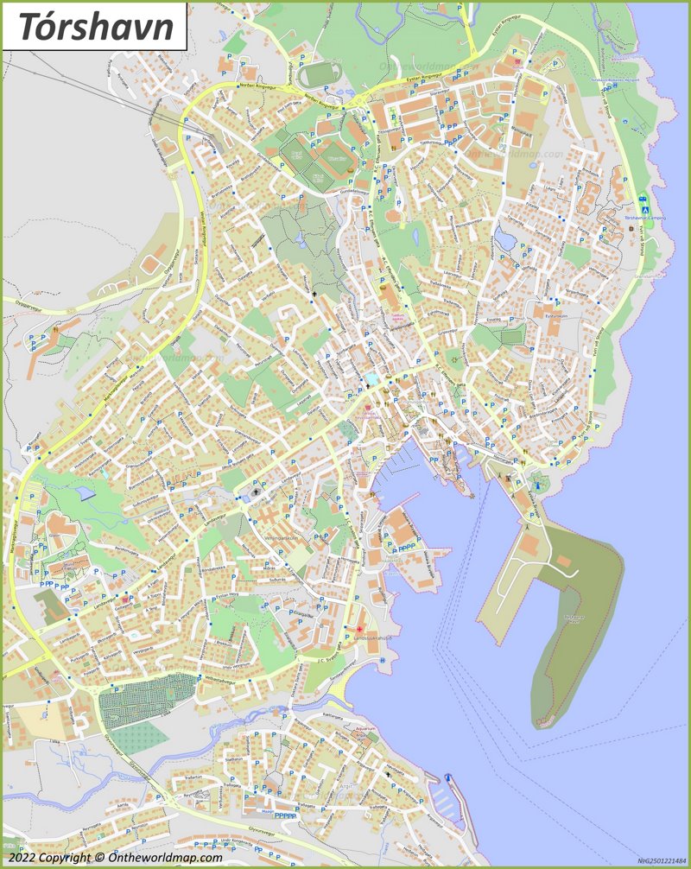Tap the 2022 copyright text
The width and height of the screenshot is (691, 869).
click(x=112, y=858)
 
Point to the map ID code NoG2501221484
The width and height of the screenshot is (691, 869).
click(x=661, y=860)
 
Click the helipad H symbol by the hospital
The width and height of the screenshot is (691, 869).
click(x=381, y=660)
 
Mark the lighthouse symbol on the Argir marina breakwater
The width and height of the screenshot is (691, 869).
click(x=448, y=779)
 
